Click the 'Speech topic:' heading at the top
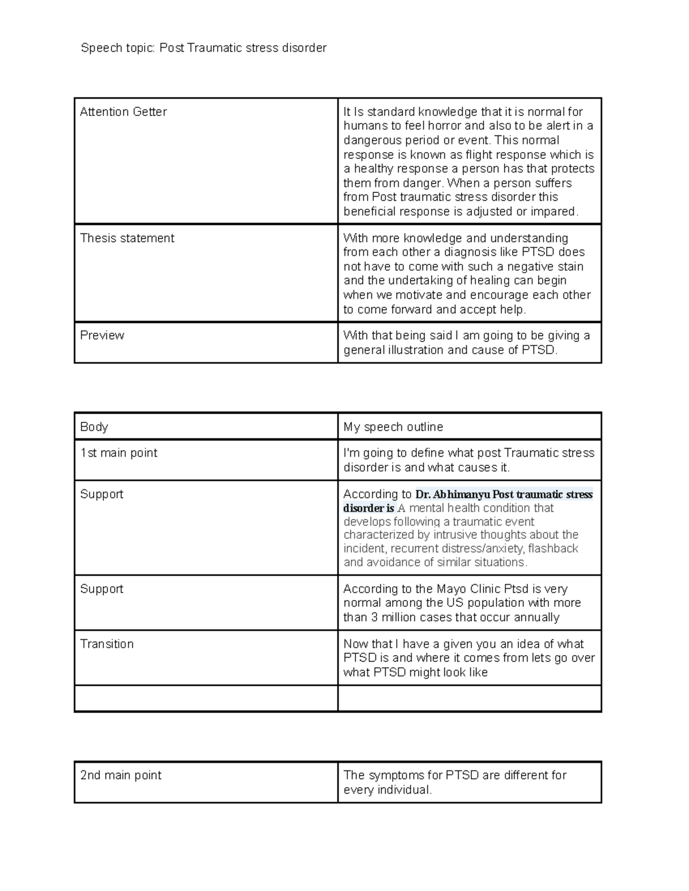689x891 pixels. (x=118, y=48)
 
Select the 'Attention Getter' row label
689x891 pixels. (x=123, y=112)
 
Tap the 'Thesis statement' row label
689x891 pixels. (x=127, y=238)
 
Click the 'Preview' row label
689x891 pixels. (x=102, y=336)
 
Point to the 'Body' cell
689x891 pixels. (x=94, y=427)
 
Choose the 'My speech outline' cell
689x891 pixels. (x=393, y=427)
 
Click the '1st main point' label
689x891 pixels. (x=119, y=453)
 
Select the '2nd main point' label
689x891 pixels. (x=121, y=775)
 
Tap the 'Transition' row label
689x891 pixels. (x=107, y=644)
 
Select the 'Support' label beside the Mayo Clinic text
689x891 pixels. (x=102, y=589)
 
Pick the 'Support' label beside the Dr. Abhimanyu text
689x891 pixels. (x=102, y=495)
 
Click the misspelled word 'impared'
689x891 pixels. (x=556, y=212)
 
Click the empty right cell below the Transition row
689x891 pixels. (x=469, y=698)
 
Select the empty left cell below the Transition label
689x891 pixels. (x=206, y=698)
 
